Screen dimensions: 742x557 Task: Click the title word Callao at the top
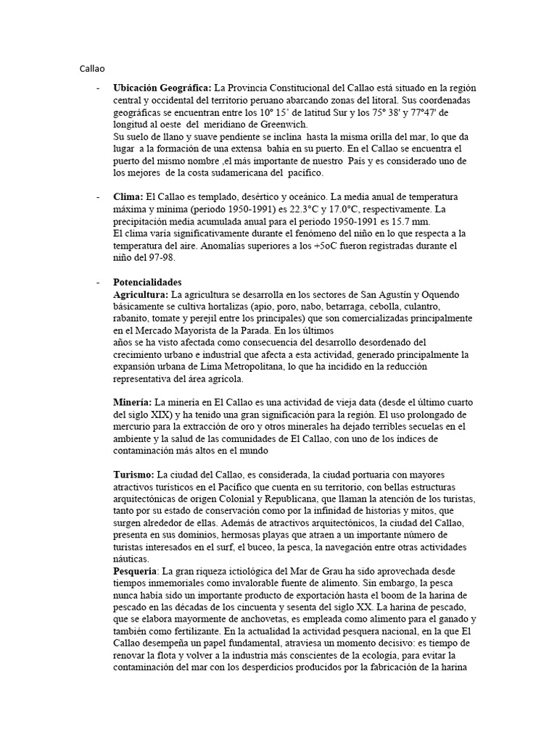click(x=92, y=69)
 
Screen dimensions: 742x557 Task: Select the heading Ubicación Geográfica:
click(x=162, y=88)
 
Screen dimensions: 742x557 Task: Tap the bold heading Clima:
click(x=128, y=197)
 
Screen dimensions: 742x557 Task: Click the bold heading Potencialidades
click(x=148, y=282)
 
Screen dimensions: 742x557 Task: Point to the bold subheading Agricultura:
click(x=141, y=294)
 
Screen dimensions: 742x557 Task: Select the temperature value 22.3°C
click(x=308, y=209)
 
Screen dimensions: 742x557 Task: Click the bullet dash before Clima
click(x=98, y=197)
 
